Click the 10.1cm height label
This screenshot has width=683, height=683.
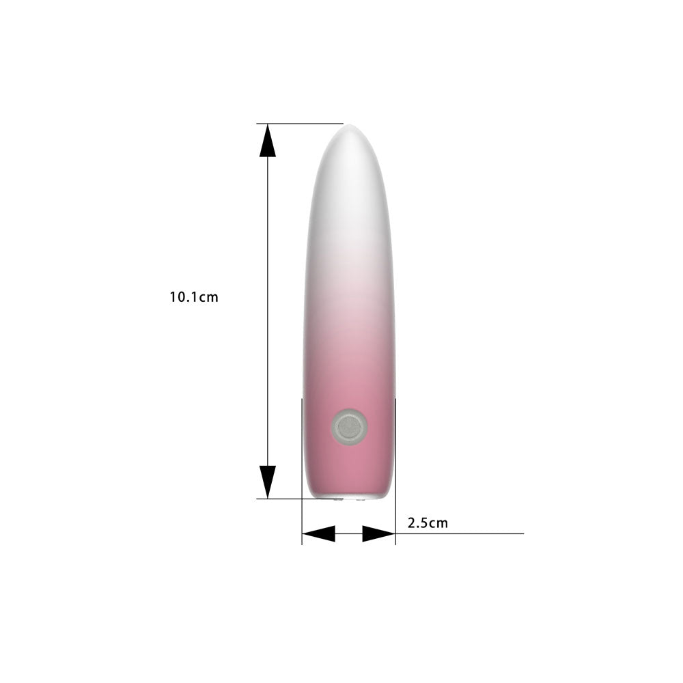pos(194,297)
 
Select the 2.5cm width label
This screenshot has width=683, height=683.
pos(428,522)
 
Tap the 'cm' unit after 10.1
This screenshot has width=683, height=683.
pos(208,298)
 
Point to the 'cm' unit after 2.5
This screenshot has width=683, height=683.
pos(438,524)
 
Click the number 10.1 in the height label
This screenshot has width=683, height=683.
pos(183,297)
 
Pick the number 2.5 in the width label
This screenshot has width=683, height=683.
pos(417,522)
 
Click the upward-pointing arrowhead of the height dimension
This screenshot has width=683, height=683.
pos(268,140)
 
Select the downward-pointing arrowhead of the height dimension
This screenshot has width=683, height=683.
pos(268,482)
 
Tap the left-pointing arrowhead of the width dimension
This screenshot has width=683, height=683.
pos(318,533)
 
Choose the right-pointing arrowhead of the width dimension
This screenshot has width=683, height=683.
pos(379,533)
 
